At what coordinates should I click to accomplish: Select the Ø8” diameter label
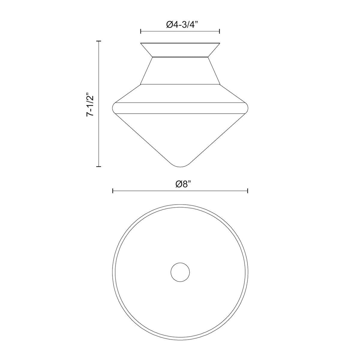click(x=183, y=184)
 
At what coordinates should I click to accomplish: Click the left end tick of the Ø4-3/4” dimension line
click(x=141, y=31)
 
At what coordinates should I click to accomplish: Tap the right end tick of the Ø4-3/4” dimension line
click(x=220, y=31)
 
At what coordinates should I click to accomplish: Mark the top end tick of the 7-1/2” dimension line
click(x=99, y=41)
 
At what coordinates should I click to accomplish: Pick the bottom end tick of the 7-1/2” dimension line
click(x=99, y=166)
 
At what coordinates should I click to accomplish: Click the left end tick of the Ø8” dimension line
click(x=113, y=191)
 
